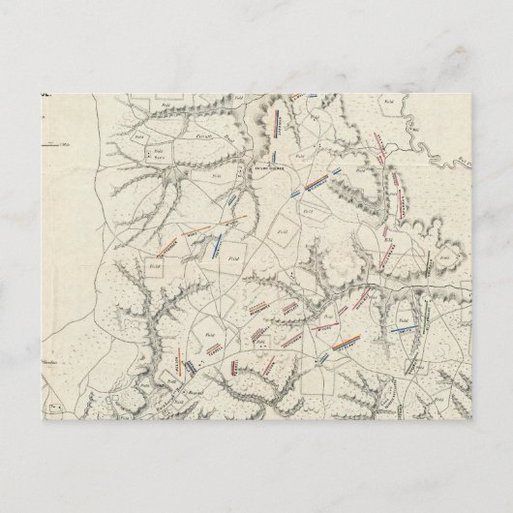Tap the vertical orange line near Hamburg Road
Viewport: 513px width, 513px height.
click(179, 364)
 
